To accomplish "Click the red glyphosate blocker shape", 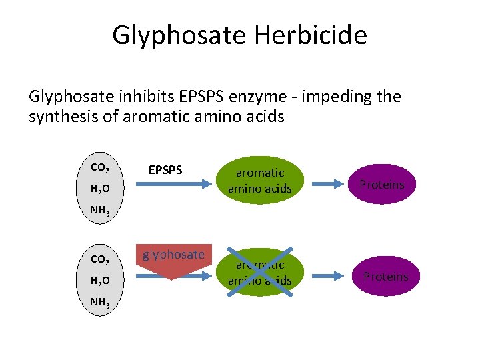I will coord(173,261).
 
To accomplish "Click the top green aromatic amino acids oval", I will coord(260,181).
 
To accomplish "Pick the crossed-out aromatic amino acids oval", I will coord(260,272).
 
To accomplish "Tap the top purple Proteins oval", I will coord(382,185).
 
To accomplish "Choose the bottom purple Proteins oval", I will coord(385,276).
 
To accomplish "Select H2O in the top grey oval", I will coord(99,189).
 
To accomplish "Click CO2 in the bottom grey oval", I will coord(99,259).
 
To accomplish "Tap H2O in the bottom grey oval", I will coord(99,281).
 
